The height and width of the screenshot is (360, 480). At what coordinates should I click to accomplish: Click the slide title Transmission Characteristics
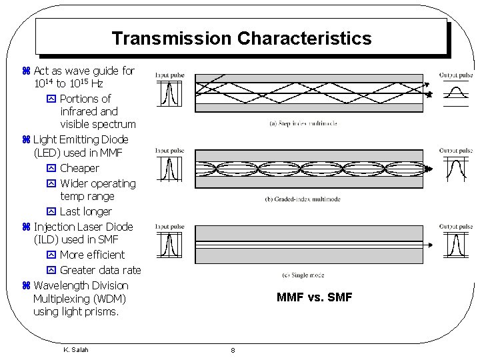click(241, 39)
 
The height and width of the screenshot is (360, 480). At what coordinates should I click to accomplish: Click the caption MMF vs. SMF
click(314, 297)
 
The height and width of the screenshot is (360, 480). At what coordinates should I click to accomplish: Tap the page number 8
click(232, 350)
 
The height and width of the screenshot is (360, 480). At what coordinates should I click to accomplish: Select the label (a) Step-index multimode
click(303, 123)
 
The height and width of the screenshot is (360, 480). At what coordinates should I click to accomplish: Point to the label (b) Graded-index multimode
click(303, 199)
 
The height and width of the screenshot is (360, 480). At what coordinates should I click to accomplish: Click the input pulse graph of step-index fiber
click(169, 93)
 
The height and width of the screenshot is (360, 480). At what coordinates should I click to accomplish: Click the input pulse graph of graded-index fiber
click(169, 169)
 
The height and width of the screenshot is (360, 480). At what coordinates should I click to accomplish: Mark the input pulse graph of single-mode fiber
click(169, 245)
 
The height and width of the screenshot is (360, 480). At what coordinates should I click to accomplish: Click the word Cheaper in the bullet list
click(79, 169)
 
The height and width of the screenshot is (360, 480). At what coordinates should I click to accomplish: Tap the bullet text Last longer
click(86, 211)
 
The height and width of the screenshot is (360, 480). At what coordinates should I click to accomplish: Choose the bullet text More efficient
click(92, 255)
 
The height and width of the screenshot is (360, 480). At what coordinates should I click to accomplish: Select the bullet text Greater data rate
click(100, 270)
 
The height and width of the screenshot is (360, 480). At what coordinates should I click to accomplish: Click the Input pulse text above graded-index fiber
click(169, 151)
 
